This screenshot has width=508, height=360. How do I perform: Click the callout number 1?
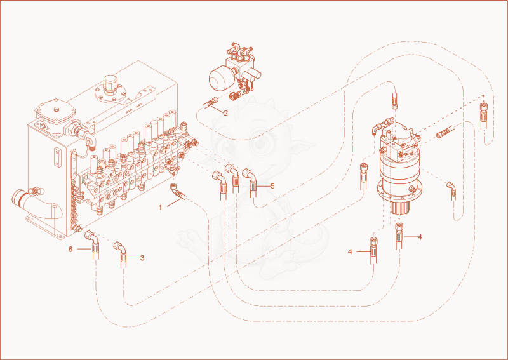point(160,208)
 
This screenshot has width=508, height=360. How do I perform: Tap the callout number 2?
point(225,114)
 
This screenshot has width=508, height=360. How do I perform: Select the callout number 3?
point(142,258)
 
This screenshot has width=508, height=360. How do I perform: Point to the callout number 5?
point(272,186)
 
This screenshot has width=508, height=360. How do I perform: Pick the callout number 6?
point(70,249)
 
